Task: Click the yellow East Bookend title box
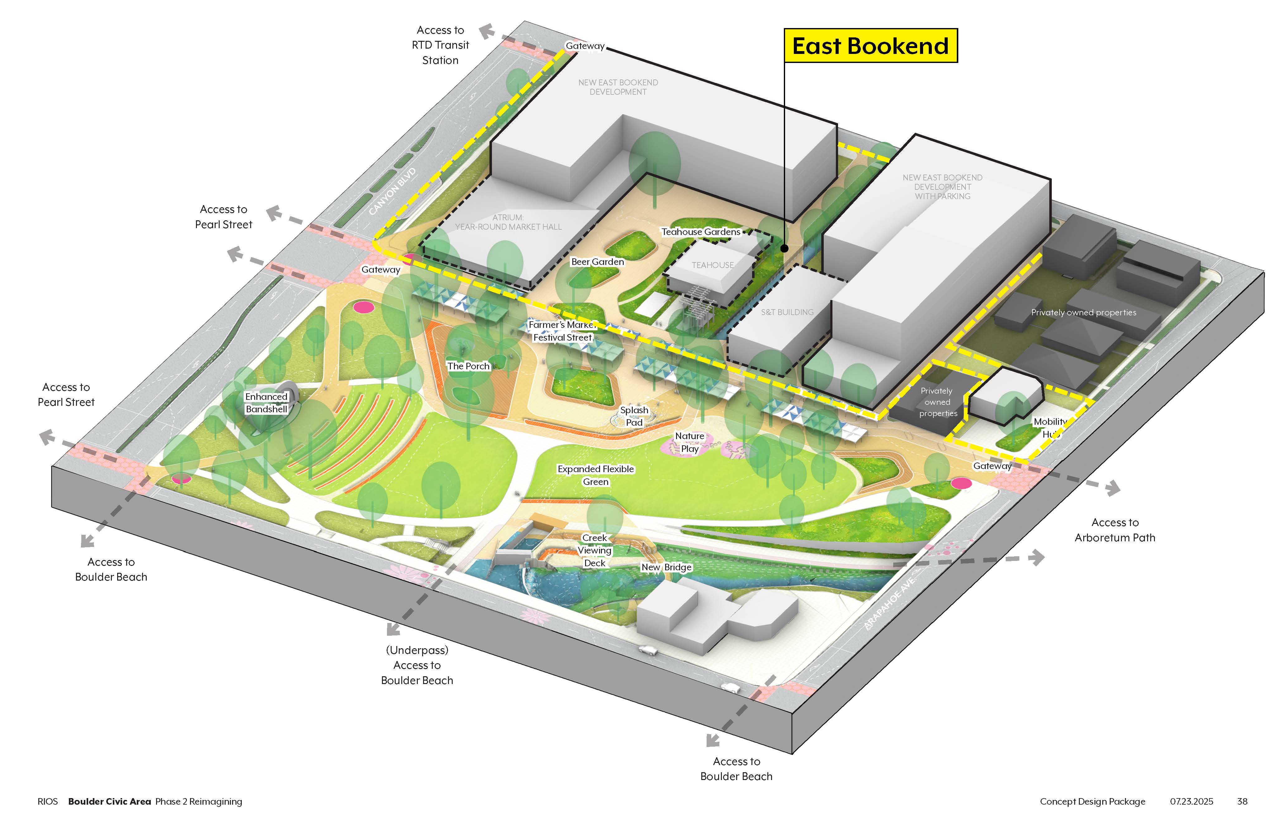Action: pos(870,46)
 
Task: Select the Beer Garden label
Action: pos(598,262)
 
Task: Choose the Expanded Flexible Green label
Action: pos(595,475)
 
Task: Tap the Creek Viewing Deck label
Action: pos(595,550)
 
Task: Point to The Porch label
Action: pos(468,366)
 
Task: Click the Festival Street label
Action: pos(562,338)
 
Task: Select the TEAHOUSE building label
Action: pos(713,265)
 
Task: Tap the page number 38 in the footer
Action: pos(1242,801)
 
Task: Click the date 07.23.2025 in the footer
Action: pos(1191,801)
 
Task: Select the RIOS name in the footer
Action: pos(48,801)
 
